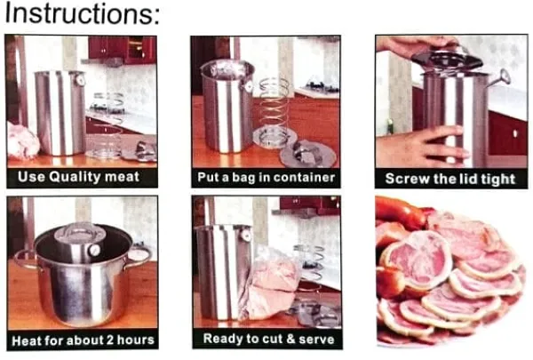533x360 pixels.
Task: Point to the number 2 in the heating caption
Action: [x=110, y=340]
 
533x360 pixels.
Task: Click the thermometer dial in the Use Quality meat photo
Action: [x=80, y=81]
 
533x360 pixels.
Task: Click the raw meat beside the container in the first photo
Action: [x=21, y=141]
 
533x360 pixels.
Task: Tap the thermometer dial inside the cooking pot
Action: [x=94, y=250]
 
